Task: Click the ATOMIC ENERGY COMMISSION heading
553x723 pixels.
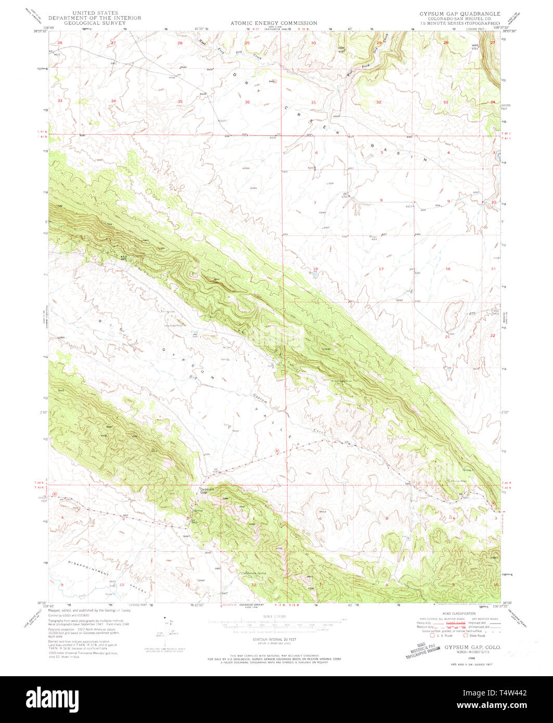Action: tap(274, 23)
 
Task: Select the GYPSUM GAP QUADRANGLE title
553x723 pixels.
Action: tap(460, 14)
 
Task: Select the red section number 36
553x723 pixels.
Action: tap(248, 102)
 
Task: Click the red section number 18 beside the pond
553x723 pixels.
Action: tap(314, 269)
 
